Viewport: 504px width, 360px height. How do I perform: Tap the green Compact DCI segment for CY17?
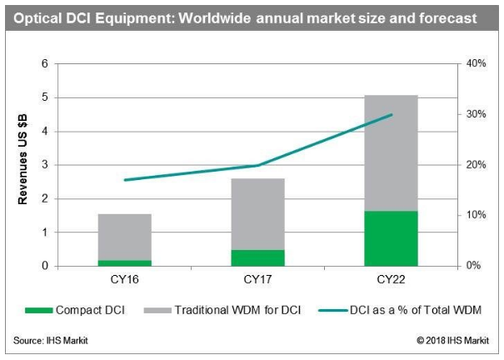257,257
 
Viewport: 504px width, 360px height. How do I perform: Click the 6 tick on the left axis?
44,64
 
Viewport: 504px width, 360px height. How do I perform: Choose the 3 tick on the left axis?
44,165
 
